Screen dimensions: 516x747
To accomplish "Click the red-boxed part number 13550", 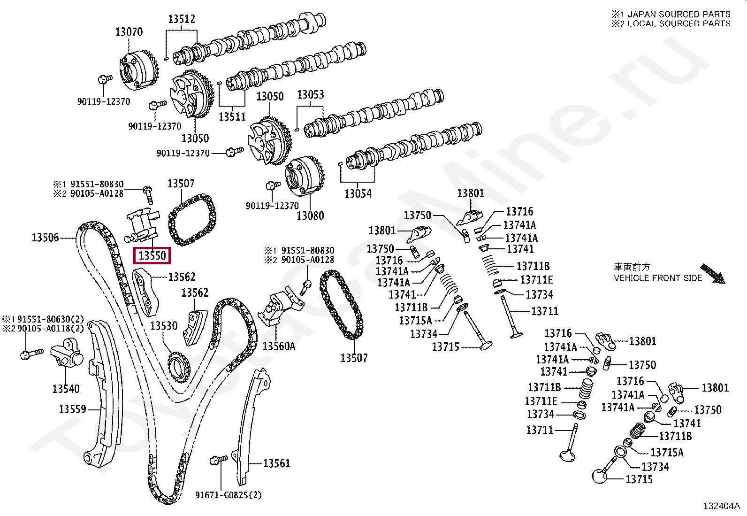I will tap(152, 256).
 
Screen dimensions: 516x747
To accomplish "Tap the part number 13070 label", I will tap(129, 32).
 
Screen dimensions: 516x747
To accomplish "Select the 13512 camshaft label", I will tap(182, 19).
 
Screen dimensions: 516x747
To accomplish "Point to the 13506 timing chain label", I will tap(45, 238).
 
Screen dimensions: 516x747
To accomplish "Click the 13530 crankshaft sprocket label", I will tap(164, 326).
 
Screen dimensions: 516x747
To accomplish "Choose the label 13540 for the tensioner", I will tap(66, 389).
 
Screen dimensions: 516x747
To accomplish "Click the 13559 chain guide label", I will tap(72, 409).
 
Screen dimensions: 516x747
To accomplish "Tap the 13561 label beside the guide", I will tap(277, 463).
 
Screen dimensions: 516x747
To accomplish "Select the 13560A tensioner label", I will tap(279, 347).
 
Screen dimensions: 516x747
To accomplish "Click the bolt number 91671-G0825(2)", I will tap(229, 495).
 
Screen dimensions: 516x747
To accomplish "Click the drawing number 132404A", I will tap(721, 506).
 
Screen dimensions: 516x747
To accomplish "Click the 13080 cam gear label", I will tap(310, 216).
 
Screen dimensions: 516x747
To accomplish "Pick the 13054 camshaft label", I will tap(358, 193).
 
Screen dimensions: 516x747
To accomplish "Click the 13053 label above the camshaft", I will tap(310, 95).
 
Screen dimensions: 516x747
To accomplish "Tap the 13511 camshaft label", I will tap(232, 116).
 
